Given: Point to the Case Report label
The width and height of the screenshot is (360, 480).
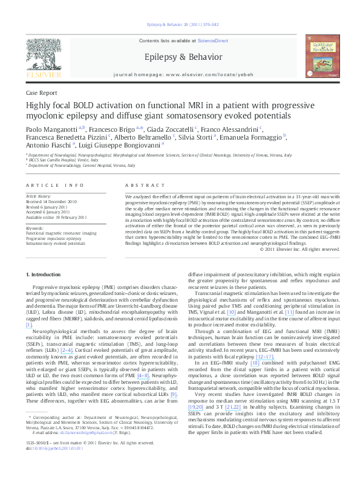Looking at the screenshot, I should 42,93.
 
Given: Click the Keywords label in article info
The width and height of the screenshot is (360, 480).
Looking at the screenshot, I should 35,228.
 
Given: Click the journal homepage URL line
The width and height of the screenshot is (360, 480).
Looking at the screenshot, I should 180,74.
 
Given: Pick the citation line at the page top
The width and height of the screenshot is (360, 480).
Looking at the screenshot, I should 180,25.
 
